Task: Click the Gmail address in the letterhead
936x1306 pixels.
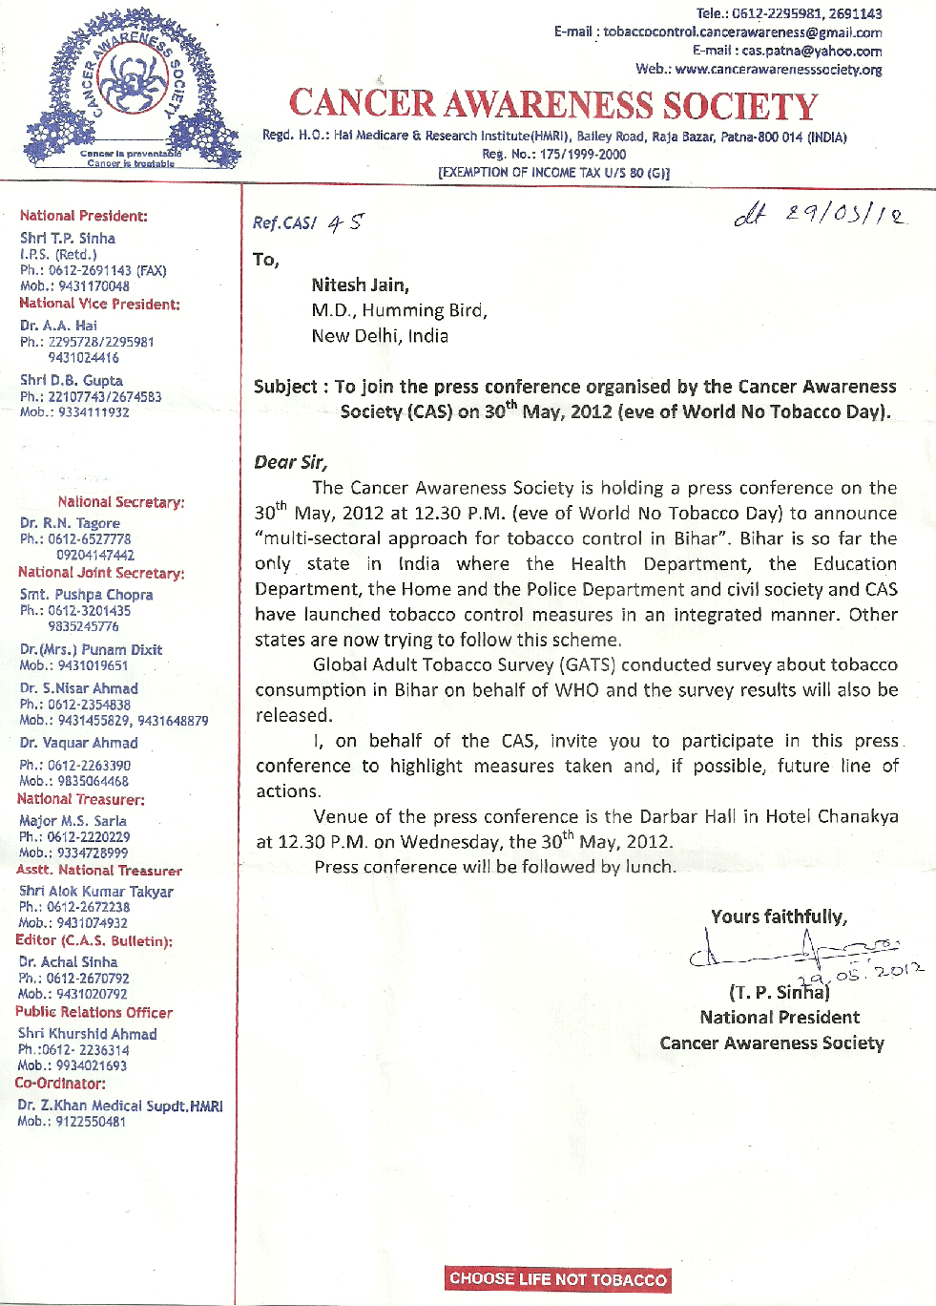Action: click(x=742, y=32)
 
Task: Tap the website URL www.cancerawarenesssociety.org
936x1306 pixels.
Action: click(x=778, y=69)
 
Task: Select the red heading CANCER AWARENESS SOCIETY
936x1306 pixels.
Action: click(x=553, y=105)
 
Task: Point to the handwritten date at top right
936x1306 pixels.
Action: click(x=820, y=216)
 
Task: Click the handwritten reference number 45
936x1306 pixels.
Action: click(x=345, y=223)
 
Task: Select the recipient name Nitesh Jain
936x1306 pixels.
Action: click(x=360, y=284)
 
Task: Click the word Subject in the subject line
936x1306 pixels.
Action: click(x=285, y=387)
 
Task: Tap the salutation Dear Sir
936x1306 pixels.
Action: click(x=290, y=462)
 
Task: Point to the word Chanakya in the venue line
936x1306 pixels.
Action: click(x=858, y=816)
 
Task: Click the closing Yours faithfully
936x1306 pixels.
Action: click(x=779, y=916)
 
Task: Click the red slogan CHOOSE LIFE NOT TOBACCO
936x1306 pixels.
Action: click(x=558, y=1279)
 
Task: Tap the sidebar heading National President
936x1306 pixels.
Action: click(x=83, y=216)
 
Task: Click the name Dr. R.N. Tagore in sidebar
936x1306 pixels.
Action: click(x=70, y=523)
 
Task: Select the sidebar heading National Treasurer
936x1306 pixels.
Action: click(x=80, y=799)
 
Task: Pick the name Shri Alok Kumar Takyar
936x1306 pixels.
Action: click(x=95, y=892)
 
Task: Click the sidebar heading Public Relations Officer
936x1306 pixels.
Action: click(x=94, y=1012)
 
